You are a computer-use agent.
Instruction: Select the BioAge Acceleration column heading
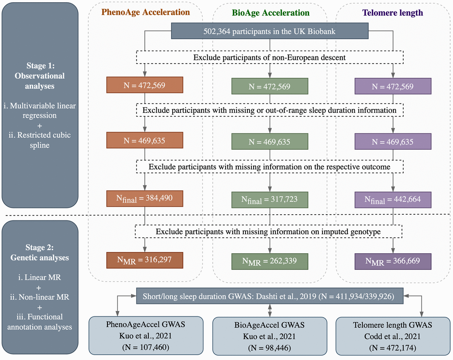point(270,13)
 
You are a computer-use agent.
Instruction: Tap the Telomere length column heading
point(393,13)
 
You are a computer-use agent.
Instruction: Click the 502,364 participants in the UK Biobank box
point(270,31)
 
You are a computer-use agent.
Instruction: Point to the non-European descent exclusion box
point(270,58)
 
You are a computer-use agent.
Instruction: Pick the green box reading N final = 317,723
point(270,199)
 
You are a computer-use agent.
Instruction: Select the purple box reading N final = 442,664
point(393,199)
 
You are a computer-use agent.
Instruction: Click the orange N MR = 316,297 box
point(145,260)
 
